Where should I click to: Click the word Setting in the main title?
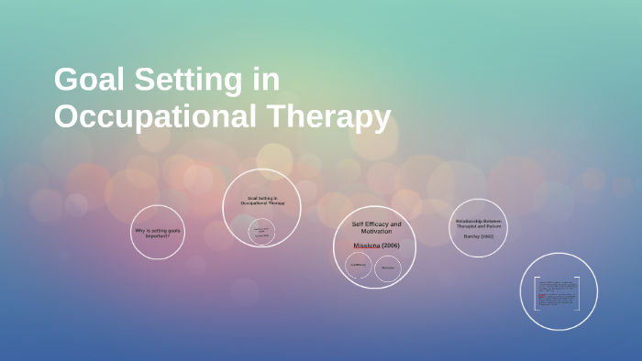pyautogui.click(x=184, y=81)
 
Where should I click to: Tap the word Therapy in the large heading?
pyautogui.click(x=329, y=116)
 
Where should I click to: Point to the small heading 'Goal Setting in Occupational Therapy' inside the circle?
pyautogui.click(x=262, y=200)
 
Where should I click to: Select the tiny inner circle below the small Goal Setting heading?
pyautogui.click(x=262, y=232)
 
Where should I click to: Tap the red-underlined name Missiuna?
pyautogui.click(x=366, y=246)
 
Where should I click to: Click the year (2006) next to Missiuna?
pyautogui.click(x=390, y=246)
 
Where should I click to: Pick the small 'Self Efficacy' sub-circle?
pyautogui.click(x=359, y=267)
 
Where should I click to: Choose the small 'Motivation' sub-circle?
pyautogui.click(x=388, y=268)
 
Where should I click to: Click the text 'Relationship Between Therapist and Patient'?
pyautogui.click(x=478, y=222)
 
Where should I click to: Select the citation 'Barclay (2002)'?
pyautogui.click(x=478, y=236)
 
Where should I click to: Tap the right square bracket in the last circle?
pyautogui.click(x=578, y=292)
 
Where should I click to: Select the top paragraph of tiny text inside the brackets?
pyautogui.click(x=557, y=285)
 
